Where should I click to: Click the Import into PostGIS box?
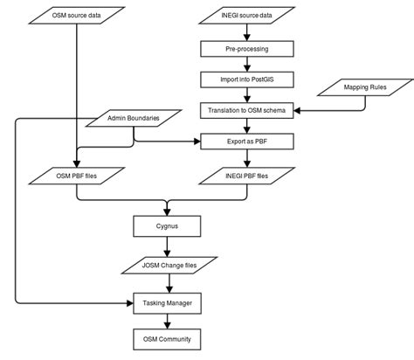pos(252,79)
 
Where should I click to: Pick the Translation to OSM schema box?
pos(252,110)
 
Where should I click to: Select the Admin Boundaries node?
pos(134,117)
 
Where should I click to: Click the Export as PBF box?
pos(252,140)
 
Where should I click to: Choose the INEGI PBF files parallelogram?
pos(252,177)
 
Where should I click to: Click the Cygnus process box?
pos(167,226)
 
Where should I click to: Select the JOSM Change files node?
pos(167,264)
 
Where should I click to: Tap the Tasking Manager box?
pos(167,302)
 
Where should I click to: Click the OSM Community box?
pos(167,338)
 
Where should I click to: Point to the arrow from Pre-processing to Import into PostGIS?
pos(252,64)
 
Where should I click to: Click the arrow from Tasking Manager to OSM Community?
pos(167,320)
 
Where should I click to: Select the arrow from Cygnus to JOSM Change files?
pos(167,245)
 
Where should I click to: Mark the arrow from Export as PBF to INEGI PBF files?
pos(252,158)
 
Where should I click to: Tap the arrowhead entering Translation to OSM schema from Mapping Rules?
pos(297,110)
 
